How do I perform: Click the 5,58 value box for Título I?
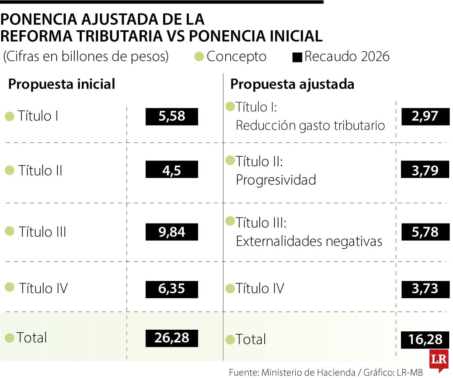click(x=172, y=116)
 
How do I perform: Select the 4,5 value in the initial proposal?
click(x=172, y=169)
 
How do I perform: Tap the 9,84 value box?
click(x=172, y=232)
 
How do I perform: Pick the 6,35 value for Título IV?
click(x=172, y=289)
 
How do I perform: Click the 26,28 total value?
click(x=172, y=338)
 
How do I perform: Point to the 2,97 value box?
click(x=425, y=116)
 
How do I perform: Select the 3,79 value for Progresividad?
click(x=425, y=170)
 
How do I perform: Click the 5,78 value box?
click(x=425, y=232)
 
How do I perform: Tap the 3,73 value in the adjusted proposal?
click(x=425, y=289)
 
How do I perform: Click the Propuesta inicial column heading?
click(x=62, y=84)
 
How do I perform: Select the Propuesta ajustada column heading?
click(x=292, y=84)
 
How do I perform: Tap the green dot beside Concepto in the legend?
click(x=200, y=56)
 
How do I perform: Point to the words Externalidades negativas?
click(x=309, y=241)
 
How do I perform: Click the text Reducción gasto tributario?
click(x=310, y=125)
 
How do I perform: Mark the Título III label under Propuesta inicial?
click(x=42, y=232)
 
